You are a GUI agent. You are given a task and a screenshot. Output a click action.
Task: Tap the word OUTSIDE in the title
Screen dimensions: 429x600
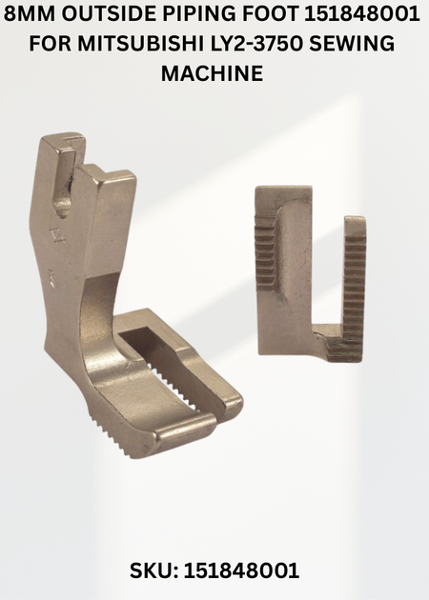tap(111, 14)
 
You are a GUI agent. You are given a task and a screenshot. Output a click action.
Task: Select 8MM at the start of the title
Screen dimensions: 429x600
tap(28, 14)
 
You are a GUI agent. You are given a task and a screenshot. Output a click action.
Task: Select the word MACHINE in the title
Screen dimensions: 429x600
tap(212, 72)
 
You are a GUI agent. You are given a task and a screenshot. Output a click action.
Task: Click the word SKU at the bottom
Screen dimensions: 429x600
tap(152, 571)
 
